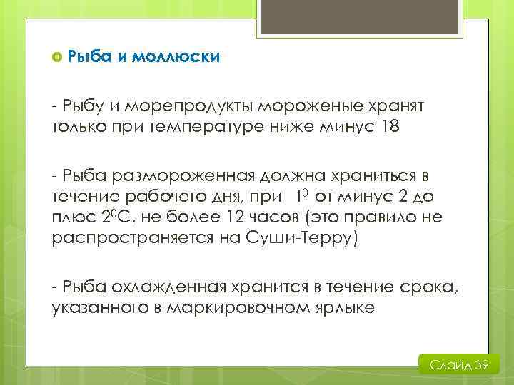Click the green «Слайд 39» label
tap(458, 366)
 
